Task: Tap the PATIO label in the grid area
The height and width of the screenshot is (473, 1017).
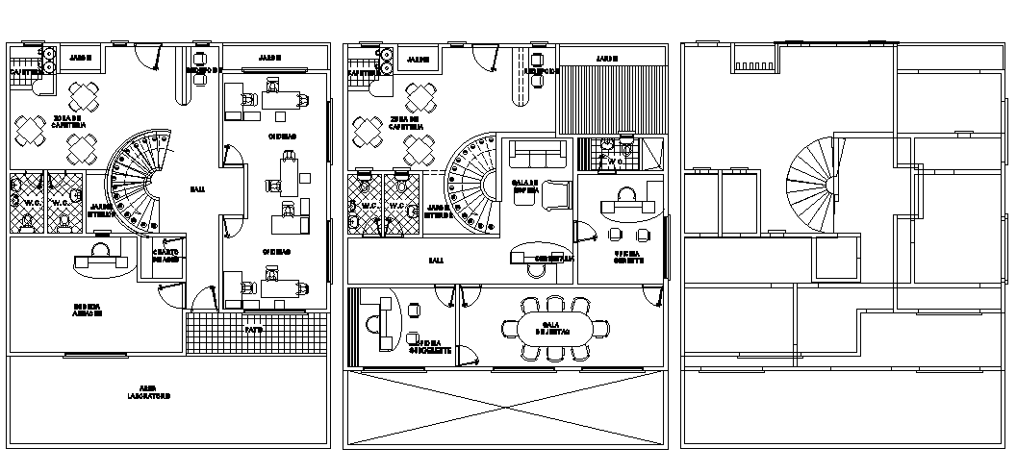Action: tap(253, 330)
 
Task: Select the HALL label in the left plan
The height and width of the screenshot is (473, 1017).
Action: tap(196, 189)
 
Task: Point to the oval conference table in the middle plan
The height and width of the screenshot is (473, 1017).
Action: tap(552, 329)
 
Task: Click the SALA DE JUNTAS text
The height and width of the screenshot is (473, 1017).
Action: tap(551, 328)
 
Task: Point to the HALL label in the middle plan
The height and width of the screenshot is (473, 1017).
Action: tap(436, 260)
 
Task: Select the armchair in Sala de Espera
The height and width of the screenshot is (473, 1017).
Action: tap(556, 192)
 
